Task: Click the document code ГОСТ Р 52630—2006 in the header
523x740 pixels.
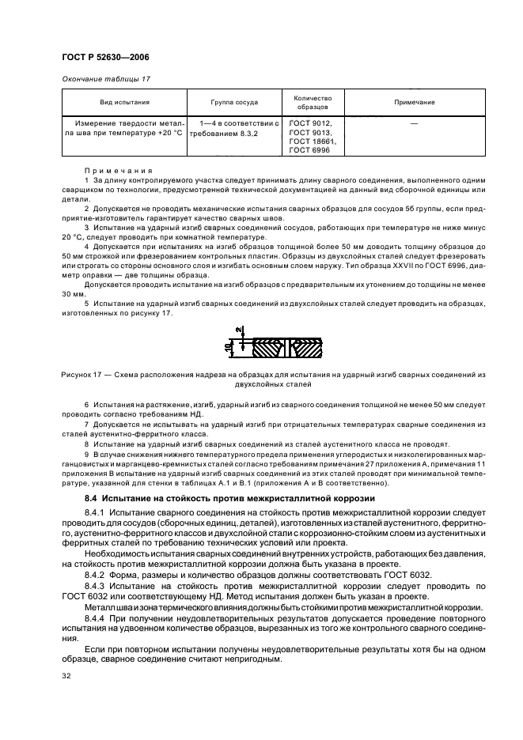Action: (x=104, y=57)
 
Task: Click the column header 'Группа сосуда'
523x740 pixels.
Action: (x=234, y=102)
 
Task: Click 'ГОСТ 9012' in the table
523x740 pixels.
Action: (x=310, y=123)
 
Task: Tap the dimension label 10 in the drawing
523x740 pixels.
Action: (x=227, y=346)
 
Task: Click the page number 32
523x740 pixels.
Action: (x=66, y=677)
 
